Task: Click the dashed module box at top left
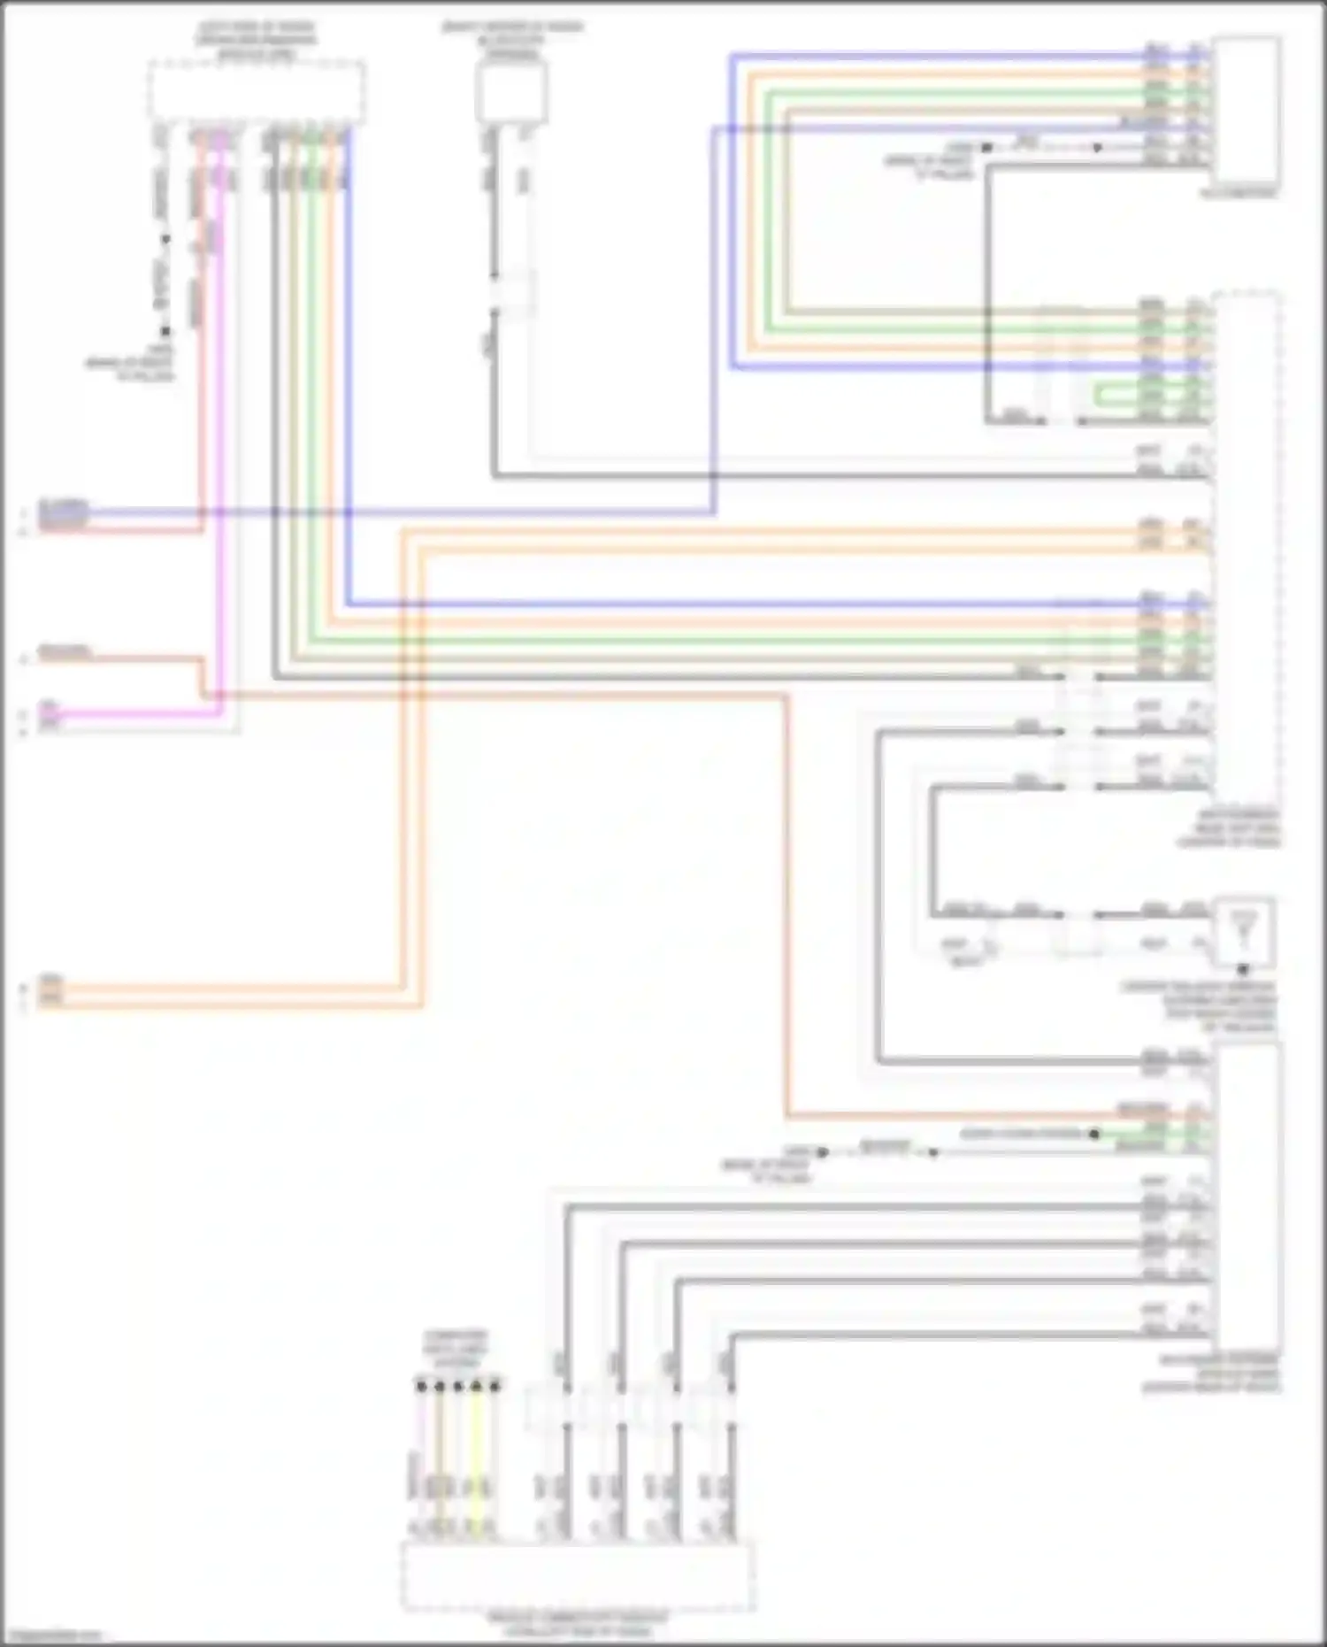(x=257, y=91)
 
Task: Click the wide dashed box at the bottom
(x=578, y=1576)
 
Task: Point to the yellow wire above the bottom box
(x=476, y=1460)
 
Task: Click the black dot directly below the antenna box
(x=1243, y=970)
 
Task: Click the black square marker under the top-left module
(x=165, y=332)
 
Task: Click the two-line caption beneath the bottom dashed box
(x=578, y=1625)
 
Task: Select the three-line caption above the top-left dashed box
(x=257, y=40)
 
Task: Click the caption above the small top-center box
(x=511, y=40)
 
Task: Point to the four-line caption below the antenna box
(x=1199, y=1006)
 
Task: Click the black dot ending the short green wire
(x=1094, y=1134)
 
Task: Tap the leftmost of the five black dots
(x=421, y=1386)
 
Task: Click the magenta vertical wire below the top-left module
(x=221, y=443)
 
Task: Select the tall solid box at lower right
(x=1247, y=1195)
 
